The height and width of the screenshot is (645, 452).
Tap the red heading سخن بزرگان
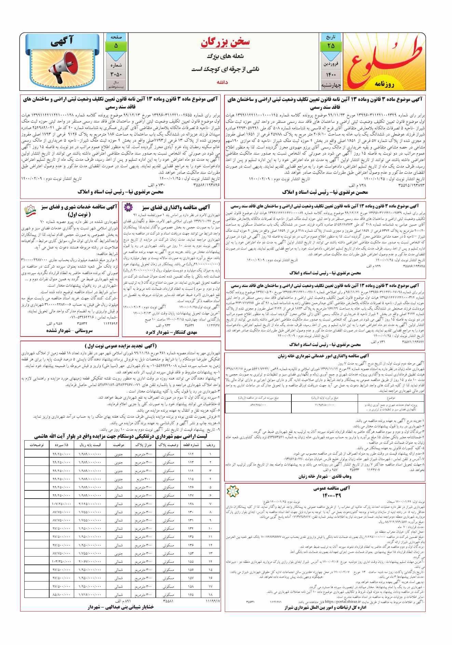coord(225,42)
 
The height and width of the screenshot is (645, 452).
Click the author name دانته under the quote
coord(222,82)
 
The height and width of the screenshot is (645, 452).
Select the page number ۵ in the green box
coord(116,46)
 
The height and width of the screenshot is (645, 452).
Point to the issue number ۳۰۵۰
coord(116,74)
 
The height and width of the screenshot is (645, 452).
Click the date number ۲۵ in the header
coord(331,46)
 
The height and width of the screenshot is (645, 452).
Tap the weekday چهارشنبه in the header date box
coord(331,85)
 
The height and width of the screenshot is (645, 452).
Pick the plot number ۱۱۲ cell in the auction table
coord(191,454)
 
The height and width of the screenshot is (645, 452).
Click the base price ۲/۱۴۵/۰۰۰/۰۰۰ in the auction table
coord(90,504)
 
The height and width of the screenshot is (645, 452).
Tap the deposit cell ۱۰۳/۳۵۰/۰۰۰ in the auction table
coord(61,561)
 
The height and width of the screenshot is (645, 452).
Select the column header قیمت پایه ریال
coord(90,445)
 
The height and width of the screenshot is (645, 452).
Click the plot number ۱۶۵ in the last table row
coord(191,594)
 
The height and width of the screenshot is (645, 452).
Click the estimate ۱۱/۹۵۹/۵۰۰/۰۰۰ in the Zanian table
coord(324,405)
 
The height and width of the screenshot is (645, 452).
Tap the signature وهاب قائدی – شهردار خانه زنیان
coord(325,476)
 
